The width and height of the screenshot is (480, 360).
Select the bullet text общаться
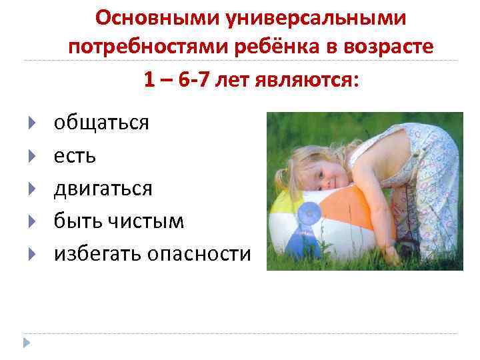[102, 123]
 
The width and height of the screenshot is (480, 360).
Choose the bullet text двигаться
[103, 189]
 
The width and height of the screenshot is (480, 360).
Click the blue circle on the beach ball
[308, 215]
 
